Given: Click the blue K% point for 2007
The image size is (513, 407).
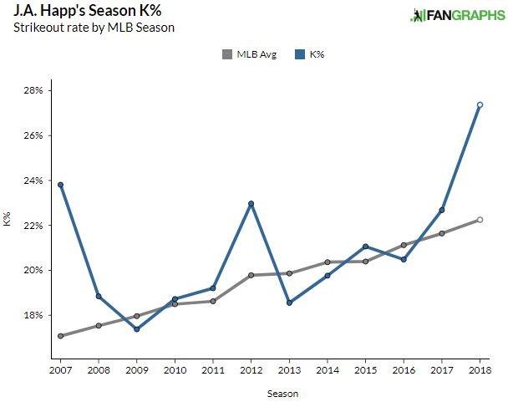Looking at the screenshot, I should pyautogui.click(x=61, y=185).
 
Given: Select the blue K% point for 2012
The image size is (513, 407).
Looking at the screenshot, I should pyautogui.click(x=251, y=204).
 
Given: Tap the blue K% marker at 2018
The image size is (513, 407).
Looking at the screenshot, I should pyautogui.click(x=480, y=104).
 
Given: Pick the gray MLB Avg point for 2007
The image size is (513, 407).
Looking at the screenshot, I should pyautogui.click(x=61, y=336).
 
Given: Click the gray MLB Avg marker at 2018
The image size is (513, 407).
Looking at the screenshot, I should pyautogui.click(x=480, y=220).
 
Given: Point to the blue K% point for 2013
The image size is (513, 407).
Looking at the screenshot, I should pyautogui.click(x=289, y=303).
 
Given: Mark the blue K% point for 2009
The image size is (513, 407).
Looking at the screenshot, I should pyautogui.click(x=137, y=328).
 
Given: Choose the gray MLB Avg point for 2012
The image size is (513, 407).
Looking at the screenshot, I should pyautogui.click(x=251, y=275).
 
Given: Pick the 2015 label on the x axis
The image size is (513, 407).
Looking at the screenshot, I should pyautogui.click(x=365, y=369).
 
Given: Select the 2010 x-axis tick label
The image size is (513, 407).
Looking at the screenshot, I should pyautogui.click(x=175, y=369).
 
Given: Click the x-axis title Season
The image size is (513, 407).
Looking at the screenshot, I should pyautogui.click(x=270, y=392).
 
